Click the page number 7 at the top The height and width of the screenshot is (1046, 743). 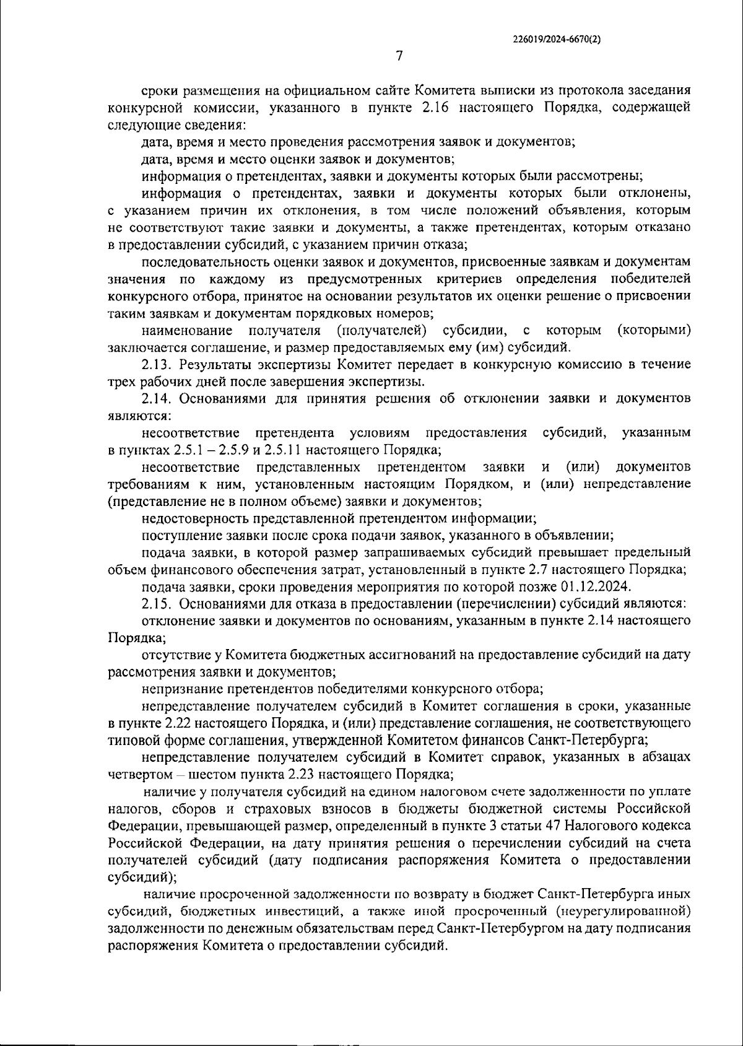pyautogui.click(x=399, y=56)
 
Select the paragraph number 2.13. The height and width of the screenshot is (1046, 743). pyautogui.click(x=156, y=364)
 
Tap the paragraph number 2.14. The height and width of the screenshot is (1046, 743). pyautogui.click(x=156, y=398)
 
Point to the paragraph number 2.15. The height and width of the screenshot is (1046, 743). pyautogui.click(x=156, y=603)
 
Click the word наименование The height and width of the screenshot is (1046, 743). pyautogui.click(x=187, y=329)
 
